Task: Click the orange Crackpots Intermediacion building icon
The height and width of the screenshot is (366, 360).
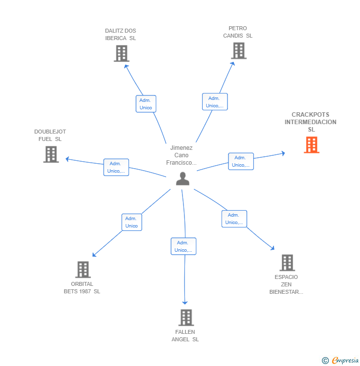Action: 311,145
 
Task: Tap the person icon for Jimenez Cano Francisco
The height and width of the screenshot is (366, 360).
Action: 182,179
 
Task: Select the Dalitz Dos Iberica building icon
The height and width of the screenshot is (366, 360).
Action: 121,53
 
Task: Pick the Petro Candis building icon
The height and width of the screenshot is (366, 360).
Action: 238,50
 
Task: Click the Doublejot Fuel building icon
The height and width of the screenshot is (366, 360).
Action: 51,154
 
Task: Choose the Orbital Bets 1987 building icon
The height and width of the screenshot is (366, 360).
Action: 83,270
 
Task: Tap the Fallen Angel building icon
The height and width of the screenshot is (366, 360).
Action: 185,318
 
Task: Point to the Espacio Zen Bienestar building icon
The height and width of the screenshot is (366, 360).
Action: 287,263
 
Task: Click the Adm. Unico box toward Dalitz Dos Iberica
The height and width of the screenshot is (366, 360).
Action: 145,104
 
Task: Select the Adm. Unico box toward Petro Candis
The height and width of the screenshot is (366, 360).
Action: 215,101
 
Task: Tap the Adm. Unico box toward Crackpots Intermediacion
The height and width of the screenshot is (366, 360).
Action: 241,161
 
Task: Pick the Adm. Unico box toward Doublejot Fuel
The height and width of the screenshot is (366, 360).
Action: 116,167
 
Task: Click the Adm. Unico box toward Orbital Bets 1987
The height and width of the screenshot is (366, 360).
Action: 132,222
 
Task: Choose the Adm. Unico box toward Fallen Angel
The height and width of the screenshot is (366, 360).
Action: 183,246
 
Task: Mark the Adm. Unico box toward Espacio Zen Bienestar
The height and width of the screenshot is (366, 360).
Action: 234,219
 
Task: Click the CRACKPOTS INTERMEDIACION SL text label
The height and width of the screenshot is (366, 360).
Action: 311,122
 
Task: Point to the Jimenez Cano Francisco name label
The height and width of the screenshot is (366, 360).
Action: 181,155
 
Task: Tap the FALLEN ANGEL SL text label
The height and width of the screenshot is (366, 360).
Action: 185,335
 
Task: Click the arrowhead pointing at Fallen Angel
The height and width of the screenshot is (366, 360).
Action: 185,302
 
